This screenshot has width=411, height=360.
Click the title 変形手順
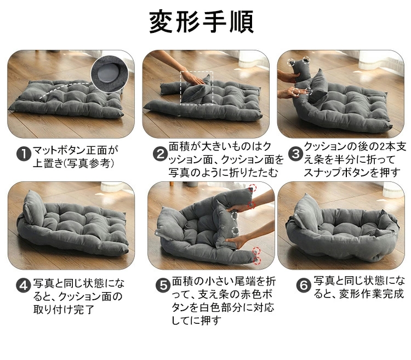[x=201, y=21]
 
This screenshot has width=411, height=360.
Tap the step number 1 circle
[x=24, y=154]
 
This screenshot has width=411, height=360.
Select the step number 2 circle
[x=160, y=154]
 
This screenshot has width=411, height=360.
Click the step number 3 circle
[x=295, y=154]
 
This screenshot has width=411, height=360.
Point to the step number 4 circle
[x=24, y=285]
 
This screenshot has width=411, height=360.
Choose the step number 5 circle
[x=163, y=285]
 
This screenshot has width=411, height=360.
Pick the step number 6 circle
[x=303, y=285]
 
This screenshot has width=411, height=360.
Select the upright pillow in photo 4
[x=33, y=208]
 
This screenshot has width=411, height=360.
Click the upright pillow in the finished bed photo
[x=307, y=212]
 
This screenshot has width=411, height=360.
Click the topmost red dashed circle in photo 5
[x=252, y=187]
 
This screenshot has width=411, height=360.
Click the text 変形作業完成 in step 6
[x=371, y=294]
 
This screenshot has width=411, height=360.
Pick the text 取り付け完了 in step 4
[x=64, y=310]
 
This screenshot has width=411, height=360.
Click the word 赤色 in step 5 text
[x=251, y=294]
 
